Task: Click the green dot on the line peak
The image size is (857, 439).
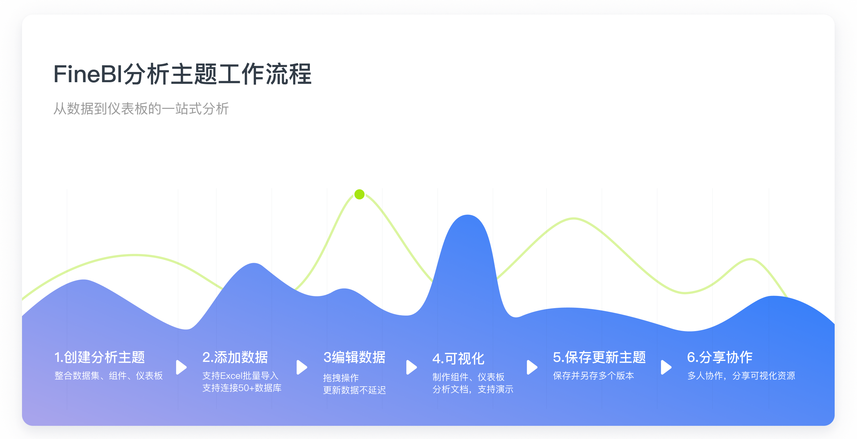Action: [x=359, y=194]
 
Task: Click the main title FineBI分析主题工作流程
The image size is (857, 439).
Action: [x=183, y=74]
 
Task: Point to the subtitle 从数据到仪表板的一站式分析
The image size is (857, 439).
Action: [x=141, y=109]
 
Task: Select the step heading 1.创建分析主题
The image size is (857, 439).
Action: [x=100, y=357]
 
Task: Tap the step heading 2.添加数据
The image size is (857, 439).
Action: [x=235, y=357]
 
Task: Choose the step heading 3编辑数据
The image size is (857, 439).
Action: [x=354, y=357]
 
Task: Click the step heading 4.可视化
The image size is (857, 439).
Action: [x=458, y=359]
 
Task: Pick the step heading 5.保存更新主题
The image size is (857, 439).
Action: [x=599, y=357]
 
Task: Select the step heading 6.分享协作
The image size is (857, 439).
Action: [x=720, y=357]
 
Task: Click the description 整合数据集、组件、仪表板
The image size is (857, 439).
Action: [x=109, y=376]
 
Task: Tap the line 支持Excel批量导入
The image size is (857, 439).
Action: [x=240, y=376]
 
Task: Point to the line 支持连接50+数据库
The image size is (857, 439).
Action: [x=242, y=388]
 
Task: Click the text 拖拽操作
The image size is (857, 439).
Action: [x=341, y=378]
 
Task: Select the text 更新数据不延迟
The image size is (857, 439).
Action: [x=355, y=390]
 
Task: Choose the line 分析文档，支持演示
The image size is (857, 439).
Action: [x=473, y=389]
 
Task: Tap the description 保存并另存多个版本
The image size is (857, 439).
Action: [x=593, y=376]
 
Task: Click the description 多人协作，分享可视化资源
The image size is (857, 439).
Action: [x=741, y=376]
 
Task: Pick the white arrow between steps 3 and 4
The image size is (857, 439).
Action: [x=411, y=367]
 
